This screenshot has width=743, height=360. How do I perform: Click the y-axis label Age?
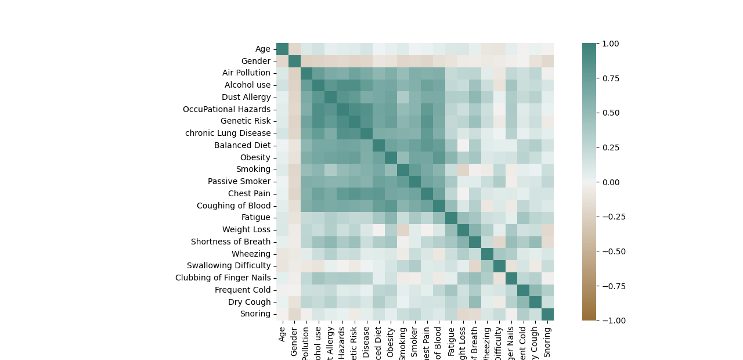(263, 49)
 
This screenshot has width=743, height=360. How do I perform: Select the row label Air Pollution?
(246, 73)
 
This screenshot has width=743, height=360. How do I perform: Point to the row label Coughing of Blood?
(234, 206)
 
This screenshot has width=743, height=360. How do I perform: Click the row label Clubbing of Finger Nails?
(223, 278)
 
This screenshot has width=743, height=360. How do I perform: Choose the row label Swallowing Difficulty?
(229, 265)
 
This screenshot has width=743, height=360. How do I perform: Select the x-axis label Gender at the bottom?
(294, 340)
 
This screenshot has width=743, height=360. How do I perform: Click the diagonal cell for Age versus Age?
(282, 49)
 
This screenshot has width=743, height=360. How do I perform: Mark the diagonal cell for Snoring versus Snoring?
(547, 314)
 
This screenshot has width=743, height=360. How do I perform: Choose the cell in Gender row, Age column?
(282, 61)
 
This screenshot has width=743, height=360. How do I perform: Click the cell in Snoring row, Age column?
(282, 314)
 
